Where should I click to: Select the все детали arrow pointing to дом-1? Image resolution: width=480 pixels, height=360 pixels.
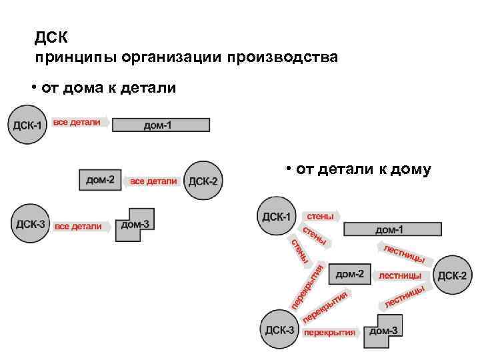tap(79, 123)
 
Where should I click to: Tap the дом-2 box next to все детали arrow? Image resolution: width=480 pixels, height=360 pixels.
tap(101, 179)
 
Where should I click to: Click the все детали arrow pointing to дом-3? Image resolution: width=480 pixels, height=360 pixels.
tap(81, 227)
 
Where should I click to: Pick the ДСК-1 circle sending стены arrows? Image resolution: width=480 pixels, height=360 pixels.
tap(277, 217)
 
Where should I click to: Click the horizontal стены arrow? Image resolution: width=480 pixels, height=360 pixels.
tap(320, 216)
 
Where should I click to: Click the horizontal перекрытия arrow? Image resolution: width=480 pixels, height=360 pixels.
tap(331, 331)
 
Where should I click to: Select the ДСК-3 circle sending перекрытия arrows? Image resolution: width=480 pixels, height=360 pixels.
tap(279, 329)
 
